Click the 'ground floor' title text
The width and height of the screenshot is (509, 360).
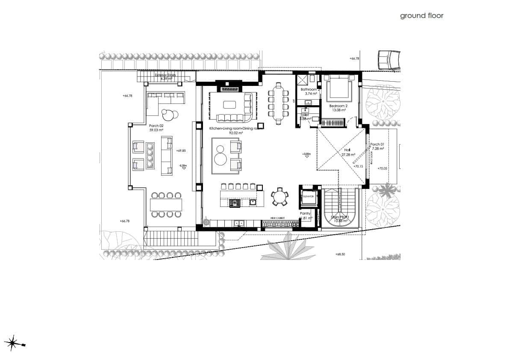[x=421, y=16]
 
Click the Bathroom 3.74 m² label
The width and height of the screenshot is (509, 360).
[x=308, y=91]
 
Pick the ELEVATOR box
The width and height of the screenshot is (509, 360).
[x=309, y=197]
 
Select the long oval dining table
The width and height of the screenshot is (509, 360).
[x=279, y=103]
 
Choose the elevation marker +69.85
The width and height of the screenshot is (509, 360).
[x=180, y=150]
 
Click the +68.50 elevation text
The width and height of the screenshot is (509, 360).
[x=340, y=254]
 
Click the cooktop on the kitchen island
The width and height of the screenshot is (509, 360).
[x=235, y=203]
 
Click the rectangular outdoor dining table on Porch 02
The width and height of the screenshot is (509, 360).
[x=166, y=205]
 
